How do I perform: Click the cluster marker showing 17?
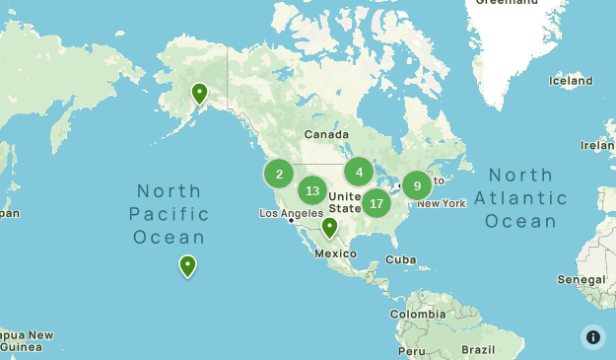point(376,203)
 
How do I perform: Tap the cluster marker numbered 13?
point(312,190)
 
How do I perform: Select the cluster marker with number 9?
point(417,184)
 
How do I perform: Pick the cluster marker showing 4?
point(359,173)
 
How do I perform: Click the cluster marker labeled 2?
point(279,175)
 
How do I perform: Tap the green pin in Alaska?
point(199,95)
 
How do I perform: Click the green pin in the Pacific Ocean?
point(187,266)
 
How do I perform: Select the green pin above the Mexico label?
point(329,228)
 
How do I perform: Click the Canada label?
point(326,134)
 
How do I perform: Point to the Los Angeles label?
point(291,213)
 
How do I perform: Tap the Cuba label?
point(400,259)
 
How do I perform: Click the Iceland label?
point(571,82)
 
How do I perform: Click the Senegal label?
point(582,280)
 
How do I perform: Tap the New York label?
point(441,203)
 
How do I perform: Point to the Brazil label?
point(479,350)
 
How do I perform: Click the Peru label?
point(412,350)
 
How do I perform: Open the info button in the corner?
point(593,337)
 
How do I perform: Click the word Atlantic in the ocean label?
point(520,198)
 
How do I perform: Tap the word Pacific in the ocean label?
point(171,214)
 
